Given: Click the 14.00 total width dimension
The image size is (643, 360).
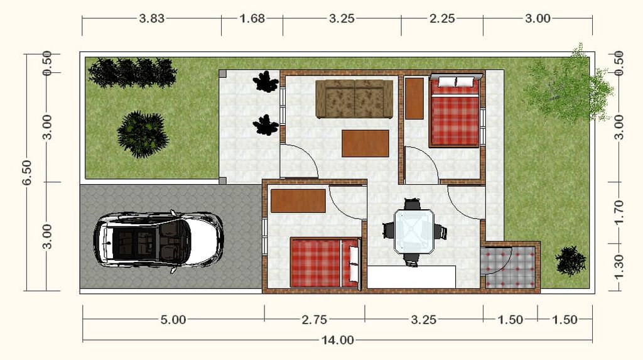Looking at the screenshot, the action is pos(337,340).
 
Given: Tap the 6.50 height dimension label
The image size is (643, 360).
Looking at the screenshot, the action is pos(26,172).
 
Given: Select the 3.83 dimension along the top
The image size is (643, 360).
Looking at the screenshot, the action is pos(152,18).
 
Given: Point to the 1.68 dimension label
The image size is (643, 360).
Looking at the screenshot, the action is pos(252,18).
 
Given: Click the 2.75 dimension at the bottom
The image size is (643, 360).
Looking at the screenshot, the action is pos(315,319).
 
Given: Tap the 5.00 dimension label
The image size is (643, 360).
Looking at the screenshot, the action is pos(173,319).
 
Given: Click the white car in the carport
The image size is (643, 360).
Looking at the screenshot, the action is pos(158,242).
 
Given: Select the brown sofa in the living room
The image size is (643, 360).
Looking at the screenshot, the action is pos(354,99).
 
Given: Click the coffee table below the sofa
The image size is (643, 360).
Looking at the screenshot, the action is pos(365,143).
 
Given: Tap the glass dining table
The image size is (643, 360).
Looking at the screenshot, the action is pos(414,231).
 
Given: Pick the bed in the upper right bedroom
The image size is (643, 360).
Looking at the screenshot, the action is pos(455,111).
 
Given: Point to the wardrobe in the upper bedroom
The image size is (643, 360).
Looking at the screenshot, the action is pos(414,99).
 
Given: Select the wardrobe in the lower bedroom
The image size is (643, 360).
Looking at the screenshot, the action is pos(298,200).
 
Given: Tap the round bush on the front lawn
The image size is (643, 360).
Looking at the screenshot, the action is pos(143,134).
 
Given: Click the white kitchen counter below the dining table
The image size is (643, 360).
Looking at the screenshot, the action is pos(411,277).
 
